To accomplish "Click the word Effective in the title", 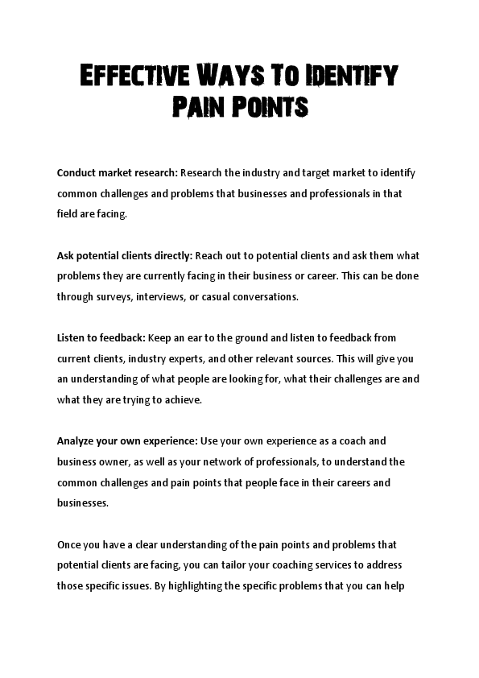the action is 128,77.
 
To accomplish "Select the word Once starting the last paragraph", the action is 68,545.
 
